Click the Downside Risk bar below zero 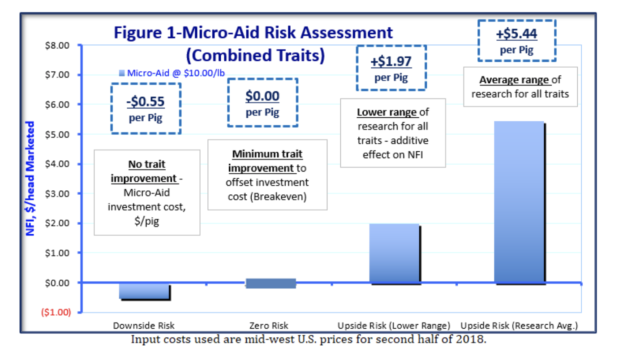(x=144, y=291)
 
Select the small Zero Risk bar (x=270, y=283)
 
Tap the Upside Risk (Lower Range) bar (x=394, y=253)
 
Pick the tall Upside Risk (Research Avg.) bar (x=519, y=202)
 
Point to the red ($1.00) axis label (x=56, y=312)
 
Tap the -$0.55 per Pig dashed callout (x=146, y=108)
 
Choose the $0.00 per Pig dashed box (x=262, y=103)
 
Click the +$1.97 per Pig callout (x=391, y=67)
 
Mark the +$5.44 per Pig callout (x=516, y=40)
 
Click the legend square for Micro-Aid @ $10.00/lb (x=122, y=73)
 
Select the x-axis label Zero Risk (x=268, y=326)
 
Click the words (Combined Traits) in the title (x=255, y=56)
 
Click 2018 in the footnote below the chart (x=473, y=339)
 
